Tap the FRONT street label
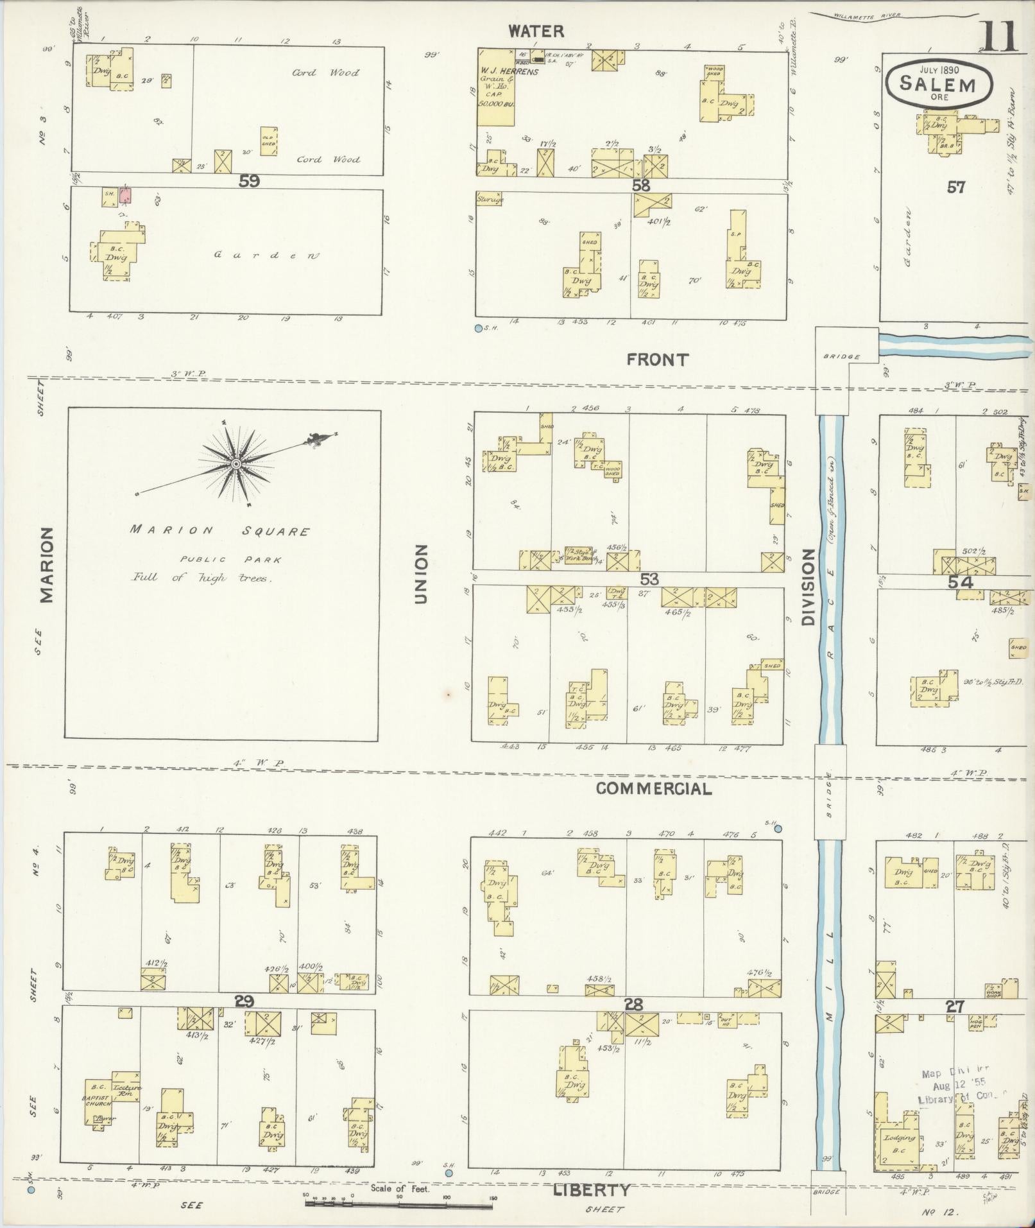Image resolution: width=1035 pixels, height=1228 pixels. (658, 360)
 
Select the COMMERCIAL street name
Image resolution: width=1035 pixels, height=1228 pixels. (654, 789)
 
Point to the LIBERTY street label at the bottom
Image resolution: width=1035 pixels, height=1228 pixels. (591, 1172)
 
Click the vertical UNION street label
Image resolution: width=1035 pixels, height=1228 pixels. (421, 574)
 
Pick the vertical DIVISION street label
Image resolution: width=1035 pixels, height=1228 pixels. (807, 587)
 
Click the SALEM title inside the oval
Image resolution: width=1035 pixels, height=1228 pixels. (937, 83)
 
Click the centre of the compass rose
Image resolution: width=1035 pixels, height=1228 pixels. (236, 463)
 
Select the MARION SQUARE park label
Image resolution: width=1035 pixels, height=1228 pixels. (220, 531)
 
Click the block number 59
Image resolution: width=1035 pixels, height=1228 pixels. (249, 182)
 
